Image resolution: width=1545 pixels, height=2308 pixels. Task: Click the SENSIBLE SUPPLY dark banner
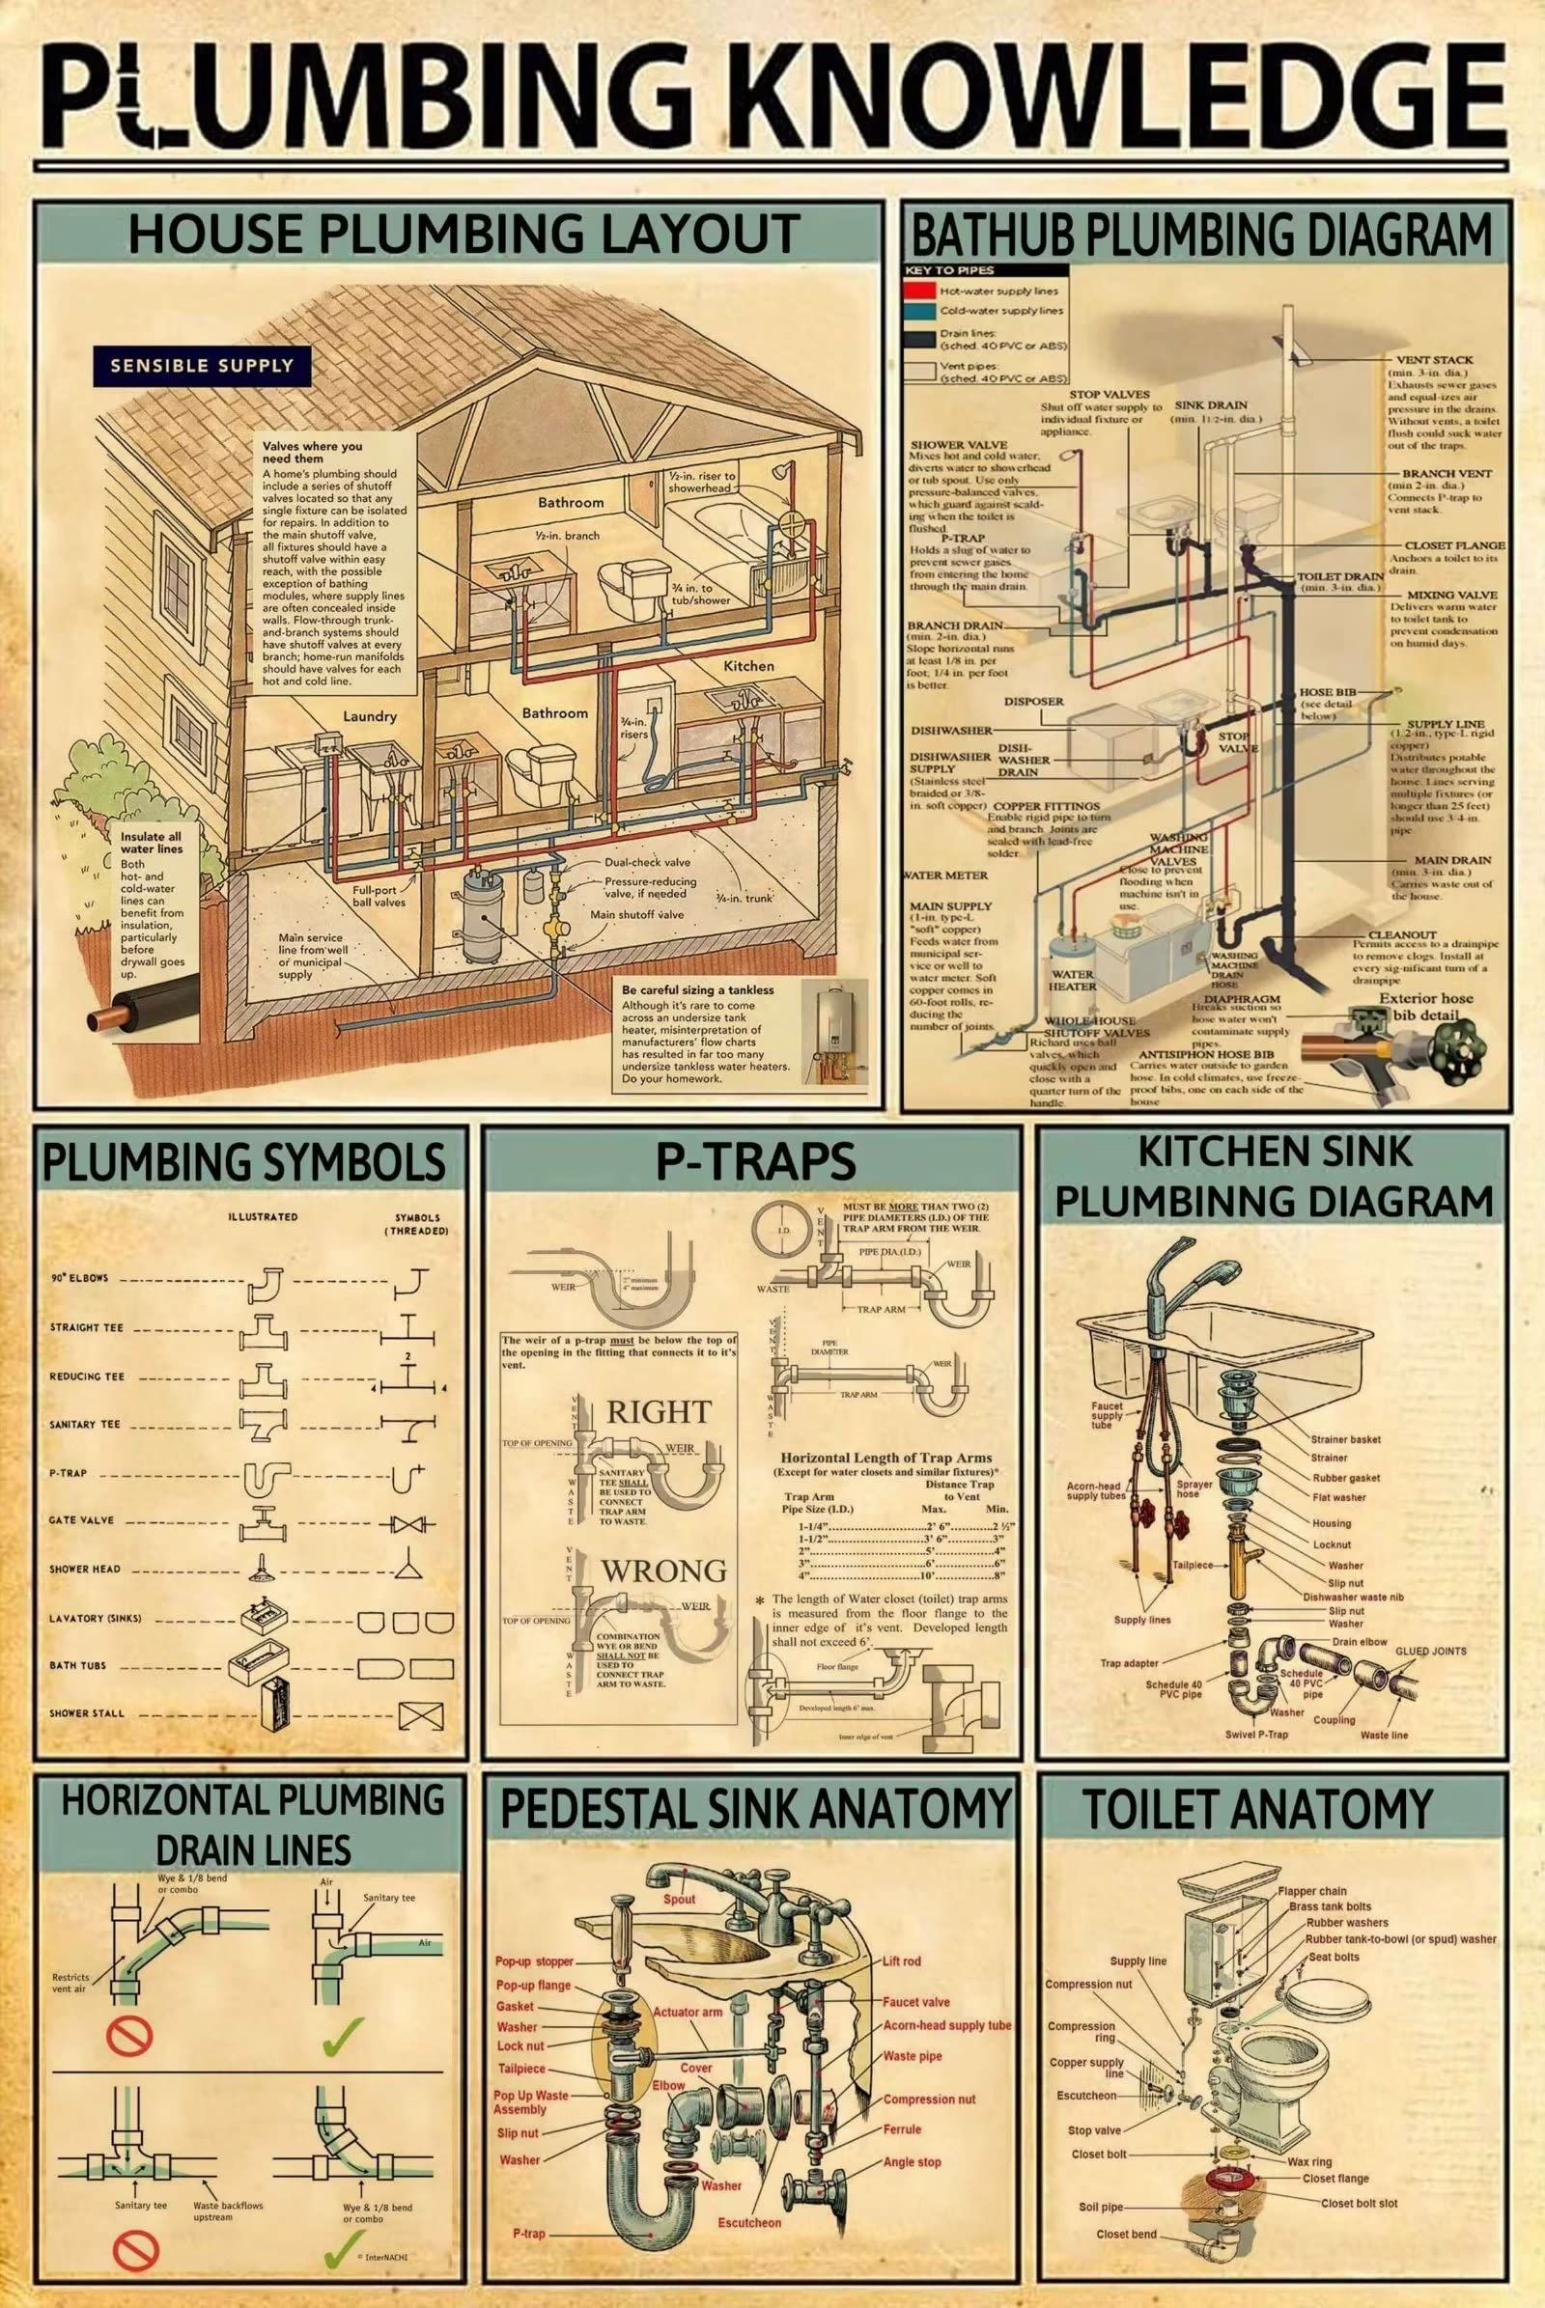tap(202, 366)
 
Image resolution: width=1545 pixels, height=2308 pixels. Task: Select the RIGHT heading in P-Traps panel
tap(659, 1411)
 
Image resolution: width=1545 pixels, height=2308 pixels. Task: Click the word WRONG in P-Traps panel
tap(664, 1570)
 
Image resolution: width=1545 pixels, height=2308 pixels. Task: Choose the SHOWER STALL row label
tap(88, 1713)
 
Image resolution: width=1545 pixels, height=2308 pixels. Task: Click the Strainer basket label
tap(1345, 1439)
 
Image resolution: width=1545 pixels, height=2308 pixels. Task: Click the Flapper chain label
tap(1312, 1890)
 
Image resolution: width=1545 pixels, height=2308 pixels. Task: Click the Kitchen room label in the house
tap(749, 666)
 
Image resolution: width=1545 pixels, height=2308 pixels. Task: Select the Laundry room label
tap(370, 716)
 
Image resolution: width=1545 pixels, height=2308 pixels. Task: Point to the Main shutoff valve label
tap(636, 914)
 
